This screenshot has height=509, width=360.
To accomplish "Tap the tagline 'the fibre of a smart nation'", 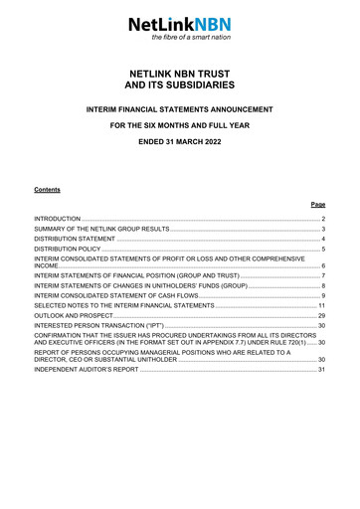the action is click(x=191, y=37).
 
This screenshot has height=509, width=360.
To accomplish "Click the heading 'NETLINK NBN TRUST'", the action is click(x=179, y=74).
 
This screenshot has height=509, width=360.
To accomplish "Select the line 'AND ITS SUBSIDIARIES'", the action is click(x=179, y=86).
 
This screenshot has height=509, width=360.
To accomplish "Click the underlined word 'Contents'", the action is click(x=47, y=187).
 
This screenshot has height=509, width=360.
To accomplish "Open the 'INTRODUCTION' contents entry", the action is click(x=57, y=217).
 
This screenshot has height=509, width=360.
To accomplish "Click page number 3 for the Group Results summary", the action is click(x=323, y=229).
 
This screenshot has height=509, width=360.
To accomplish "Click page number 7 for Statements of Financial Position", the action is click(x=323, y=274).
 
